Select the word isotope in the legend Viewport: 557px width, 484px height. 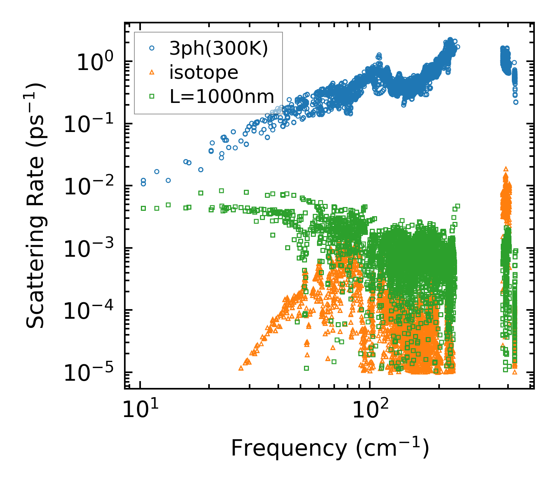click(204, 72)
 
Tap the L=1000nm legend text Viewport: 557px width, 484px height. click(222, 97)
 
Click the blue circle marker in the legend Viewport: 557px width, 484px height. click(152, 48)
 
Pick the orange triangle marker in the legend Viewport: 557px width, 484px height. click(152, 72)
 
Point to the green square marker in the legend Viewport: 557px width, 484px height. click(152, 97)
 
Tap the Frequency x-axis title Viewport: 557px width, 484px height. click(330, 448)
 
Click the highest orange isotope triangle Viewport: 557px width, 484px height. click(506, 169)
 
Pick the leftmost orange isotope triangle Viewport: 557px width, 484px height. click(241, 368)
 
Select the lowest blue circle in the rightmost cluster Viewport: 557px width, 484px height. click(516, 102)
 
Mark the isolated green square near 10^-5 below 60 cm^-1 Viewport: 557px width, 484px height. click(306, 368)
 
